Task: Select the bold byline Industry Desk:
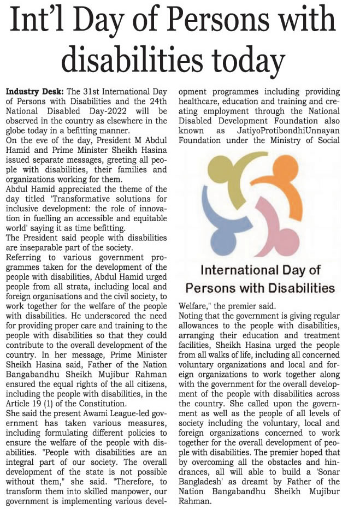coord(35,91)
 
